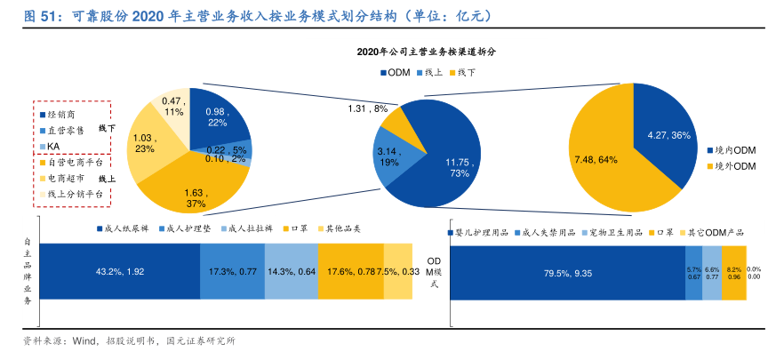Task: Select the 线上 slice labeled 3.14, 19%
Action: tap(388, 156)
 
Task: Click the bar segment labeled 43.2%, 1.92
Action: tap(120, 271)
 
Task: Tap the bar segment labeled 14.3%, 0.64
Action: tap(292, 271)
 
